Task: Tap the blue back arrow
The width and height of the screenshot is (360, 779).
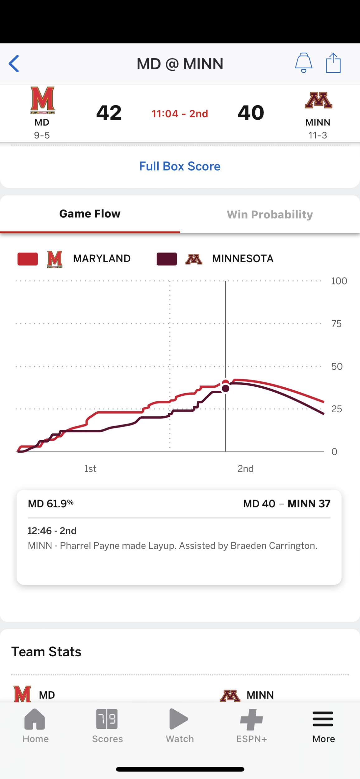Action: pyautogui.click(x=14, y=64)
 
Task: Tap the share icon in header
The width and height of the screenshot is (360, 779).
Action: pyautogui.click(x=333, y=63)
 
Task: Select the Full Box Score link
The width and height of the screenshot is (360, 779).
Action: pyautogui.click(x=180, y=166)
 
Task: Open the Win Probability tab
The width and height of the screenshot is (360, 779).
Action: pyautogui.click(x=270, y=215)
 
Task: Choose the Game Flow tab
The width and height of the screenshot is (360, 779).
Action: pyautogui.click(x=90, y=214)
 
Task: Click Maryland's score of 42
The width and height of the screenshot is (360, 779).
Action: pyautogui.click(x=109, y=112)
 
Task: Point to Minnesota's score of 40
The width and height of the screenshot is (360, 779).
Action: pyautogui.click(x=251, y=112)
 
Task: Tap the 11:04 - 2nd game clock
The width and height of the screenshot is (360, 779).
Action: pyautogui.click(x=180, y=114)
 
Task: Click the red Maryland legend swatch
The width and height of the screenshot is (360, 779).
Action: pyautogui.click(x=28, y=259)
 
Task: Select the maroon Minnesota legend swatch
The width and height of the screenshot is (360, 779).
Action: pyautogui.click(x=167, y=259)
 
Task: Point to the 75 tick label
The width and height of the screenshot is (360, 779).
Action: pyautogui.click(x=336, y=324)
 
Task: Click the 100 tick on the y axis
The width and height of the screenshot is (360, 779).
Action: pyautogui.click(x=339, y=281)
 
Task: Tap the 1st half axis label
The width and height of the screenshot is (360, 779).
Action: pyautogui.click(x=90, y=469)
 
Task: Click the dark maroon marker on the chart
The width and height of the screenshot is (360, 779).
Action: pyautogui.click(x=225, y=389)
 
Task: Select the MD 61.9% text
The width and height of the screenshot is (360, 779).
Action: pyautogui.click(x=50, y=504)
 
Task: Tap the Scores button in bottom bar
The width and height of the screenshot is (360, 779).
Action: pyautogui.click(x=107, y=726)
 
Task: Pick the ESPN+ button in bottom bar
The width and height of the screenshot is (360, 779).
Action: pyautogui.click(x=252, y=726)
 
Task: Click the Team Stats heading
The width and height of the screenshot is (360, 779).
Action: pyautogui.click(x=46, y=652)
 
